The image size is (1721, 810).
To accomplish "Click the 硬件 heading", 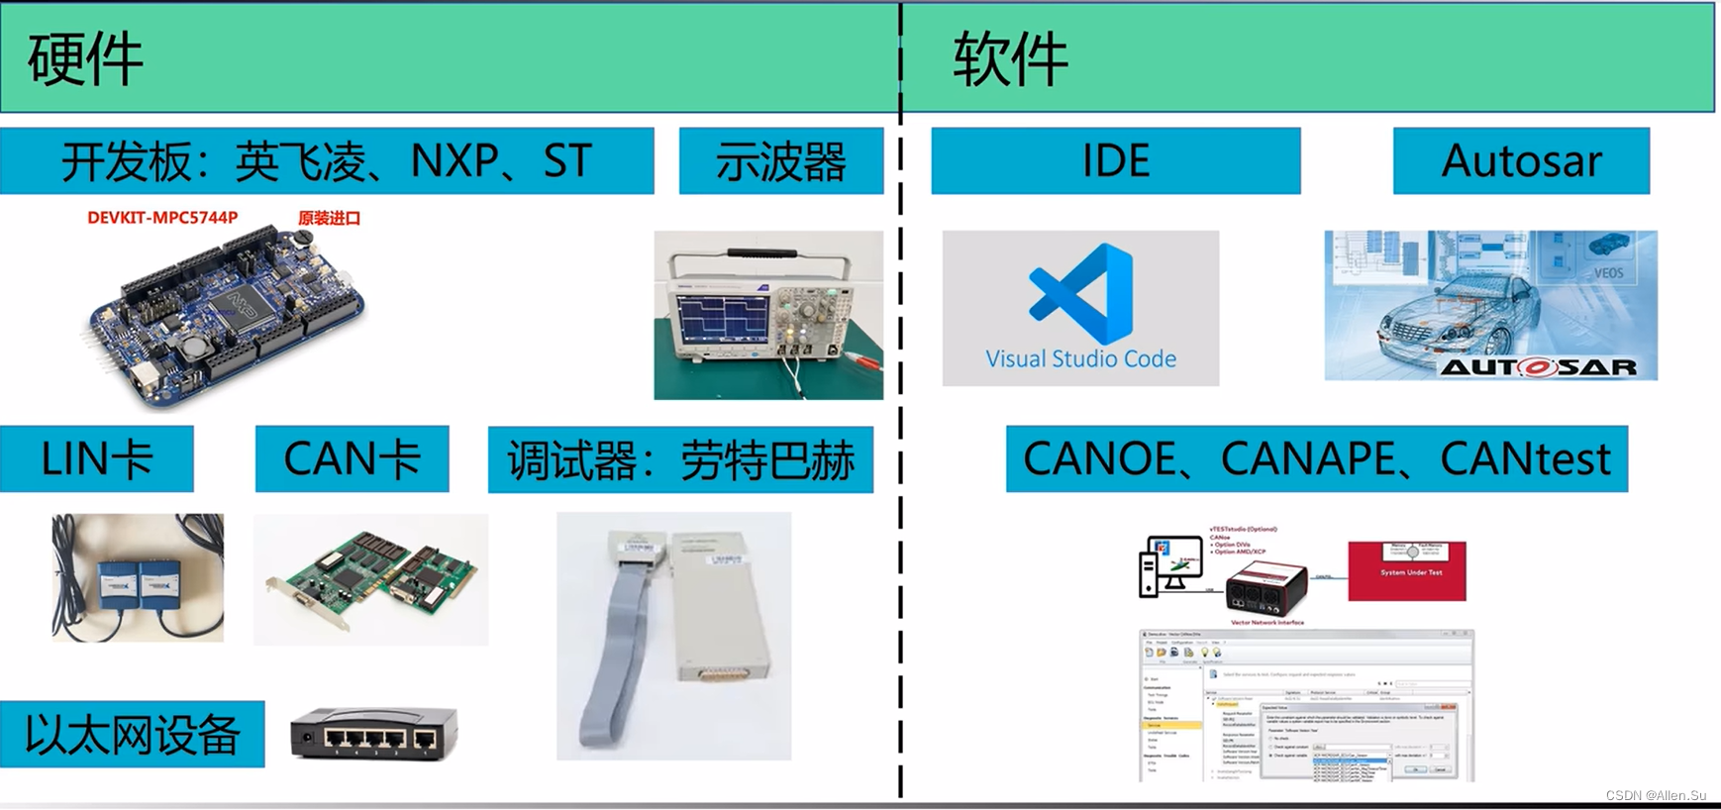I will pyautogui.click(x=86, y=59).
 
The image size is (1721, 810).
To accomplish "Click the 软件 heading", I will pyautogui.click(x=1011, y=59).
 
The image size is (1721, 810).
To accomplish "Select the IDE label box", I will pyautogui.click(x=1116, y=160).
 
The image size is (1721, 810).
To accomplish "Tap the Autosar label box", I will pyautogui.click(x=1521, y=160).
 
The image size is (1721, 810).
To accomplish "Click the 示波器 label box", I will pyautogui.click(x=781, y=161).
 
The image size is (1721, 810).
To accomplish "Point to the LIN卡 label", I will pyautogui.click(x=96, y=459).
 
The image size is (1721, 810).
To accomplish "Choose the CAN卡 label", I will pyautogui.click(x=352, y=459).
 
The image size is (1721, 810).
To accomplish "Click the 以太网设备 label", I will pyautogui.click(x=132, y=735).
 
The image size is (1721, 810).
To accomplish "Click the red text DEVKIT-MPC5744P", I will pyautogui.click(x=162, y=218).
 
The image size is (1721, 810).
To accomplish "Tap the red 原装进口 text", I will pyautogui.click(x=330, y=218).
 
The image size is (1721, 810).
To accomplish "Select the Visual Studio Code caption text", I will pyautogui.click(x=1081, y=358).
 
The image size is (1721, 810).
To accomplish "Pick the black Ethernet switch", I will pyautogui.click(x=374, y=734).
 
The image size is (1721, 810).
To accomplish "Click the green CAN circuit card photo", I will pyautogui.click(x=371, y=580).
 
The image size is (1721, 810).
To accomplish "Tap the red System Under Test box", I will pyautogui.click(x=1407, y=571).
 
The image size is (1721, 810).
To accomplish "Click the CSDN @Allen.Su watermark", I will pyautogui.click(x=1656, y=795).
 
